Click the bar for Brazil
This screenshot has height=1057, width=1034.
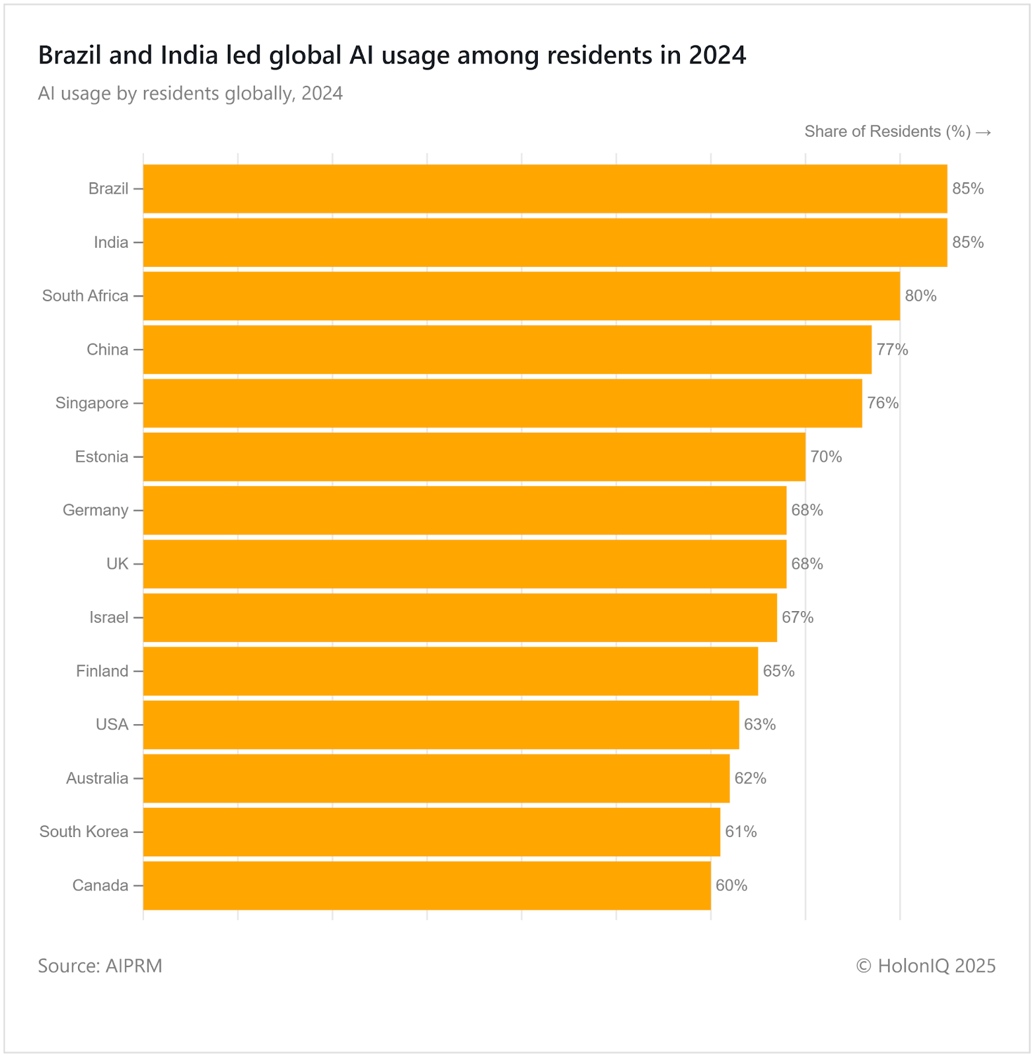pyautogui.click(x=545, y=189)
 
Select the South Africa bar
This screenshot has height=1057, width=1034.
pyautogui.click(x=521, y=296)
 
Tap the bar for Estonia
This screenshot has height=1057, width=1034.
pyautogui.click(x=474, y=456)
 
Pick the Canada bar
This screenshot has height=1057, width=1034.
pyautogui.click(x=427, y=885)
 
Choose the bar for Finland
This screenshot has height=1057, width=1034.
pyautogui.click(x=451, y=671)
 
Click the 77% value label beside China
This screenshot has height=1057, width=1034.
pyautogui.click(x=892, y=349)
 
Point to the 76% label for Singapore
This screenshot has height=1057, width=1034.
pyautogui.click(x=883, y=403)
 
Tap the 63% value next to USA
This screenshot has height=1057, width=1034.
pyautogui.click(x=760, y=725)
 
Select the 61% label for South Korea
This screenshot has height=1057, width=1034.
pyautogui.click(x=741, y=832)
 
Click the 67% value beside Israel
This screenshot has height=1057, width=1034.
pyautogui.click(x=797, y=618)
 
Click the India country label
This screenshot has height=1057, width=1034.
pyautogui.click(x=111, y=242)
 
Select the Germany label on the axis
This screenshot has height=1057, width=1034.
pyautogui.click(x=96, y=510)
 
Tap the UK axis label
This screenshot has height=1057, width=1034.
pyautogui.click(x=118, y=564)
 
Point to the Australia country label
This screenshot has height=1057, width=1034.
pyautogui.click(x=97, y=778)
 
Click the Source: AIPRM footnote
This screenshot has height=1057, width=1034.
pyautogui.click(x=100, y=966)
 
